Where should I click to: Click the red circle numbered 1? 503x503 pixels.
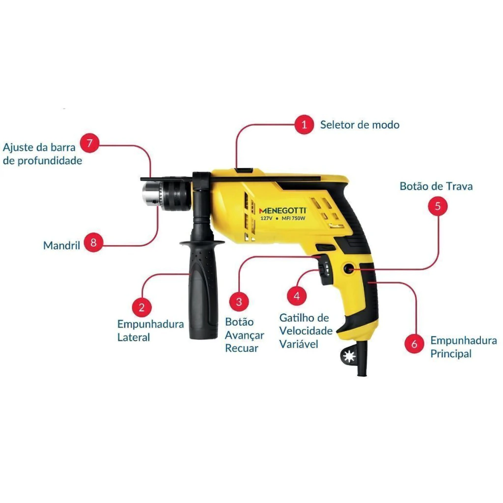click(304, 124)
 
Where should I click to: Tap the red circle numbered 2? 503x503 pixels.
click(141, 307)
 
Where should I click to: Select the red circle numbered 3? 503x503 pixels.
click(239, 302)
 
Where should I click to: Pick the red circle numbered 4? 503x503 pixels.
click(297, 296)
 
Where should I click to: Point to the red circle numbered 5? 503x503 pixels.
click(438, 206)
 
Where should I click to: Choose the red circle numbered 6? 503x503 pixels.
click(415, 343)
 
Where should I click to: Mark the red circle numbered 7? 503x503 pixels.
click(89, 143)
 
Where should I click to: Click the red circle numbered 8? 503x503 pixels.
click(93, 242)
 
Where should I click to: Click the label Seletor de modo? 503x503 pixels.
click(360, 124)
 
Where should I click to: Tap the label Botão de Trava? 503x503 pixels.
click(436, 186)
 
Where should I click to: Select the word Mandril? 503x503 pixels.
click(61, 246)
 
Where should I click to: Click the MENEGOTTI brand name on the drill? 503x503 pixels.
click(282, 210)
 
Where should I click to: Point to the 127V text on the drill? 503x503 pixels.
click(266, 219)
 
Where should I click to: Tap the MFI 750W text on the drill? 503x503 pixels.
click(293, 218)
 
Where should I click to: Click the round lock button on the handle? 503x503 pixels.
click(348, 269)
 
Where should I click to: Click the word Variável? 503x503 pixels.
click(298, 344)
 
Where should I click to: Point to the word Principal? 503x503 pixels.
click(451, 354)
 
